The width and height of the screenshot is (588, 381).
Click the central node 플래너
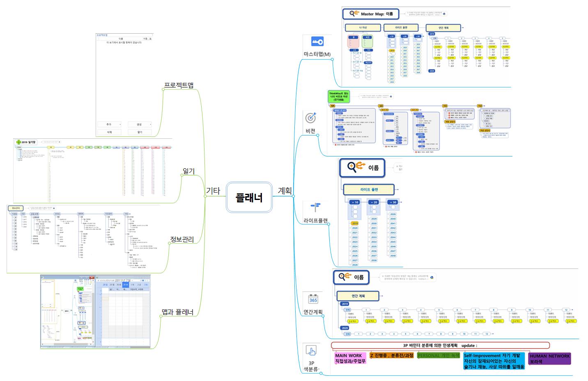click(x=249, y=197)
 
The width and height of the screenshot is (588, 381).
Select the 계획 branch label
click(x=285, y=190)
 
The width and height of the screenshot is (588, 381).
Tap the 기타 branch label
click(x=213, y=190)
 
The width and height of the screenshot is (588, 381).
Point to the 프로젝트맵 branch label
click(x=179, y=85)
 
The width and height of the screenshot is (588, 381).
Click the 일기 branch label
click(x=188, y=171)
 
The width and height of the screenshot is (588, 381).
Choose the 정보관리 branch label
click(x=182, y=239)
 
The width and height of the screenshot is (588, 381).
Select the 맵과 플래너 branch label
click(x=177, y=312)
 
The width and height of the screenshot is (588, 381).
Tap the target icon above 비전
click(x=311, y=118)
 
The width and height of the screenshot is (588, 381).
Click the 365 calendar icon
click(x=313, y=298)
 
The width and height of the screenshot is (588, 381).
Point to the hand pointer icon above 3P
click(x=311, y=350)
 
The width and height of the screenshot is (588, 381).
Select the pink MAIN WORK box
click(x=350, y=358)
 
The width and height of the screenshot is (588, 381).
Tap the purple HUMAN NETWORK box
click(x=549, y=358)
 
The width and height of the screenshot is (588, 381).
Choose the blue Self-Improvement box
click(x=494, y=361)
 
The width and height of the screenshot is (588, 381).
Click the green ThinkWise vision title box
click(x=338, y=96)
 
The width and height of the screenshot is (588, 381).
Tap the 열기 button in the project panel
click(x=140, y=132)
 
